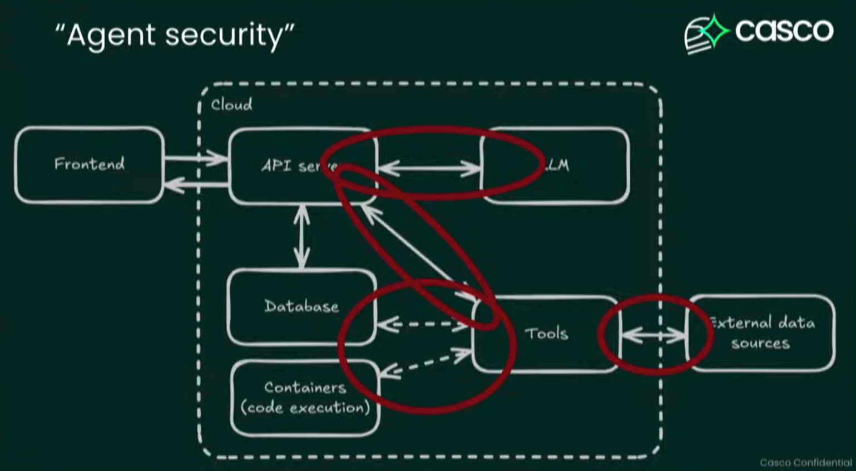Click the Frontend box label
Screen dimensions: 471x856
click(89, 164)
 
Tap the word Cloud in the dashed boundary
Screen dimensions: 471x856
click(231, 105)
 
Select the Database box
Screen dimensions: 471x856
click(301, 306)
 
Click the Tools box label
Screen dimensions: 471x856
click(546, 334)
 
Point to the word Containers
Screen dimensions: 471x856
click(305, 387)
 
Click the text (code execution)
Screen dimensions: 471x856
click(305, 408)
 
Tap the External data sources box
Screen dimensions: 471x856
click(761, 333)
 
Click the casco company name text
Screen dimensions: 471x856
click(784, 31)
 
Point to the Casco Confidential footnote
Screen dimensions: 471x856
click(805, 463)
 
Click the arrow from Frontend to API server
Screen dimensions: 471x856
click(195, 158)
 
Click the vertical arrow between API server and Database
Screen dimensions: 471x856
click(301, 236)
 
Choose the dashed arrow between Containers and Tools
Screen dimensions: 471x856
click(425, 363)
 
